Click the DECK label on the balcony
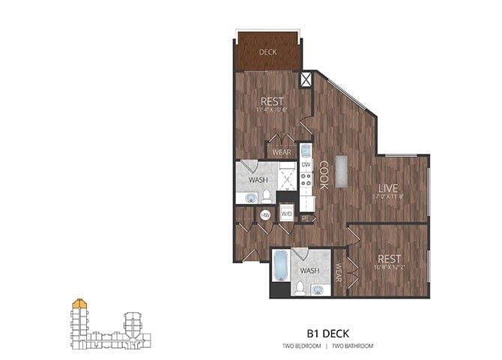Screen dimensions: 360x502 coord(268,52)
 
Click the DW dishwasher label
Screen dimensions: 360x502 coord(306,164)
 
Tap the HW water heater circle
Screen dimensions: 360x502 coord(265,214)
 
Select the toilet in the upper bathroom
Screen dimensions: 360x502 coord(267,196)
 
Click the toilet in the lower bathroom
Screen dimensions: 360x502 coord(299,286)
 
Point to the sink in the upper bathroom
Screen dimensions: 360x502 coord(248,198)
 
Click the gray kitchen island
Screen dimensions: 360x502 coord(342,171)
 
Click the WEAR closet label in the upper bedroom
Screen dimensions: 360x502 coord(281,152)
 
